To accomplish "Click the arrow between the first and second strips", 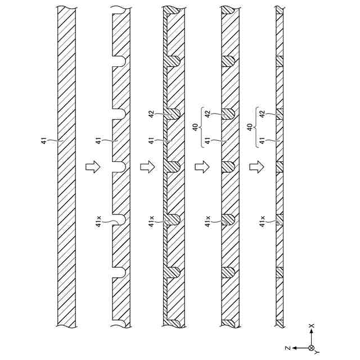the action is tap(92, 167).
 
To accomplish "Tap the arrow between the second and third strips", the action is tap(146, 167).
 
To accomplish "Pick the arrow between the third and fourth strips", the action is tap(201, 167).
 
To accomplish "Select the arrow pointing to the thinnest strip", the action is tap(256, 167).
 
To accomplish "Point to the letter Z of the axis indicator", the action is tap(287, 349).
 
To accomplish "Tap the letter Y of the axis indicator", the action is tap(317, 353).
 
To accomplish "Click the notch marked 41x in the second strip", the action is tap(118, 219).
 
